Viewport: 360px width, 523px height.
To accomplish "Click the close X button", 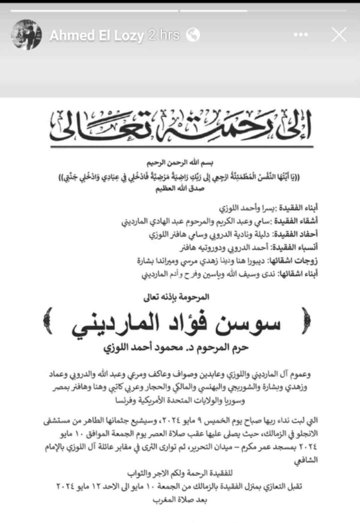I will (x=339, y=35).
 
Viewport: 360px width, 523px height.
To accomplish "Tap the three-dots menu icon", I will (x=301, y=35).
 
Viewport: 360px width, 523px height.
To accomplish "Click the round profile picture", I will (x=27, y=35).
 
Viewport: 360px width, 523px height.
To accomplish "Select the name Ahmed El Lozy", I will (x=97, y=35).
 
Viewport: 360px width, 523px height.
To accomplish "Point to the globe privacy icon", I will (x=193, y=35).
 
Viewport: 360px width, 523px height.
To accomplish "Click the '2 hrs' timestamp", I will (x=164, y=35).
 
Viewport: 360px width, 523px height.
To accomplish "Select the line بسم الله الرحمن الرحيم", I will (x=180, y=163).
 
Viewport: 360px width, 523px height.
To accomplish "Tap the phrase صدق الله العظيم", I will (x=180, y=189).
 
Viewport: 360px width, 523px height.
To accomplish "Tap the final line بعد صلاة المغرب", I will (x=180, y=500).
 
